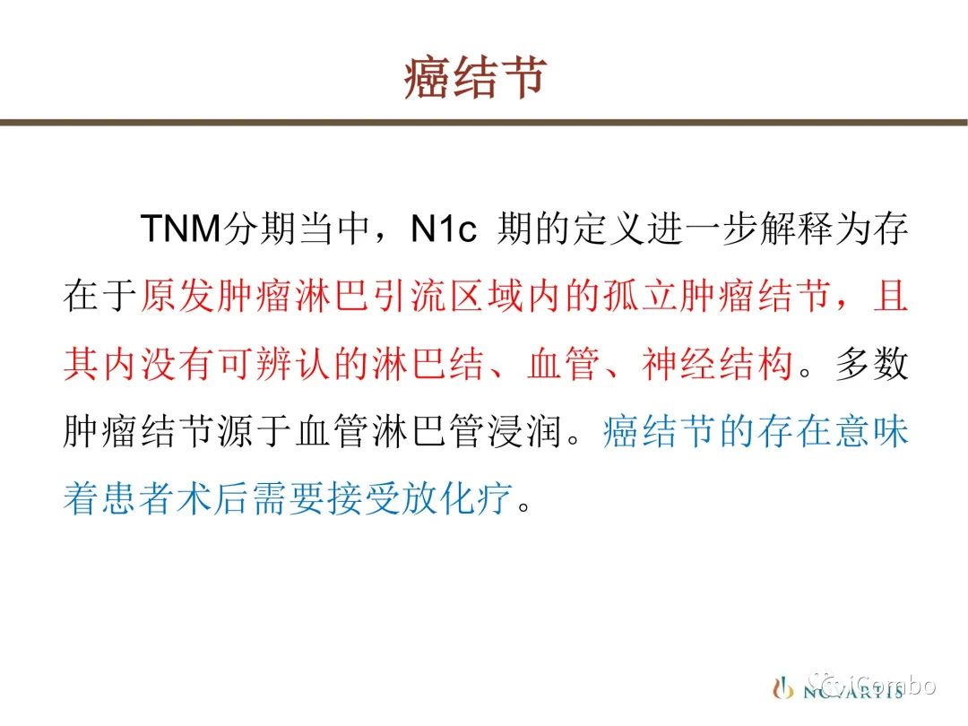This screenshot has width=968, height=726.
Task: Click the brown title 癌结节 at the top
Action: pyautogui.click(x=475, y=78)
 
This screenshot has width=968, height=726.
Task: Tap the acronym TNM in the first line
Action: pyautogui.click(x=181, y=229)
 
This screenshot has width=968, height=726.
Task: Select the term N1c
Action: pyautogui.click(x=444, y=229)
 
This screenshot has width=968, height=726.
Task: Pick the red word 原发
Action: pyautogui.click(x=177, y=295)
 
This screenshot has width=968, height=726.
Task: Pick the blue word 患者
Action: pyautogui.click(x=139, y=497)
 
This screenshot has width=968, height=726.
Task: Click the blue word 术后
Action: pyautogui.click(x=215, y=497)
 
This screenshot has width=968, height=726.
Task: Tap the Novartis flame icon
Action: pyautogui.click(x=782, y=687)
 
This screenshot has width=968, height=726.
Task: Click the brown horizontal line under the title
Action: pyautogui.click(x=484, y=122)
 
